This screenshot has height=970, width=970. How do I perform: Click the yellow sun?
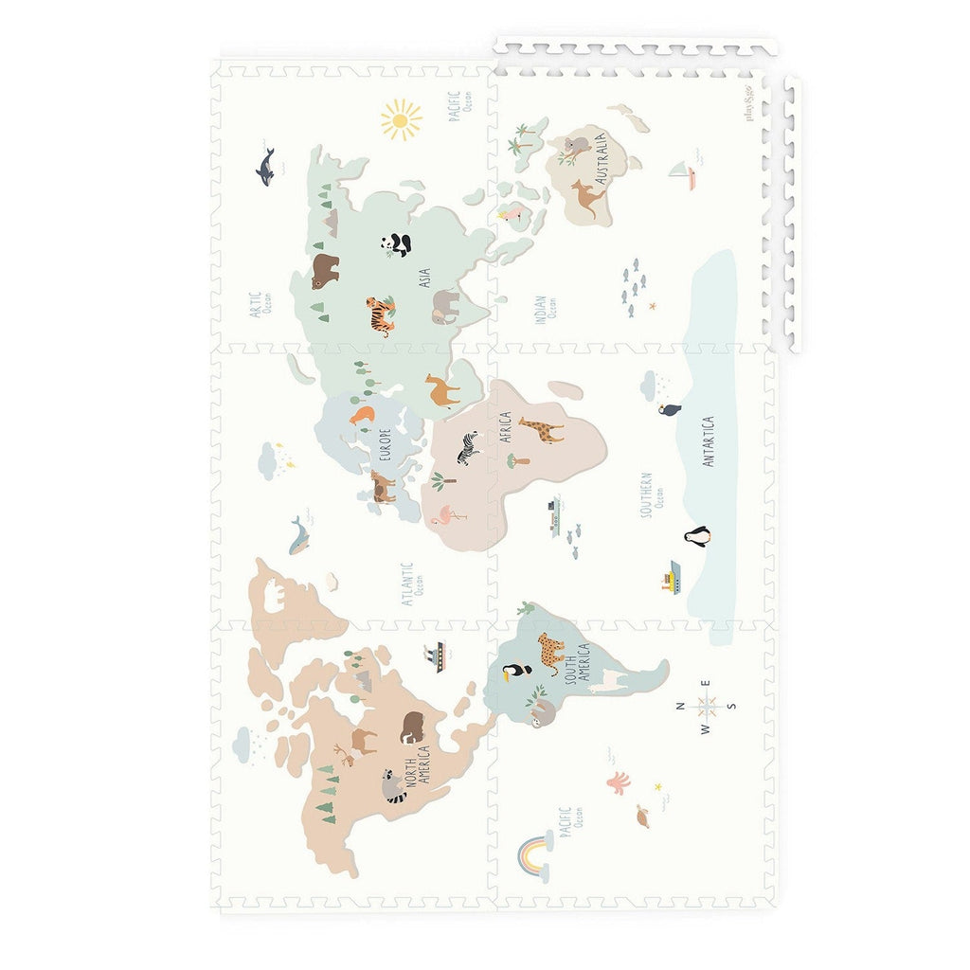402,119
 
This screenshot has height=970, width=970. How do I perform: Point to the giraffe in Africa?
541,430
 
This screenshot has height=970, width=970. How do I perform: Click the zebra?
469,448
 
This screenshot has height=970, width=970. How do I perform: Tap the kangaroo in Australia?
587,198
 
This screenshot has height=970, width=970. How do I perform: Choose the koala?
575,147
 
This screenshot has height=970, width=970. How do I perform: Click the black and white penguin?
697,536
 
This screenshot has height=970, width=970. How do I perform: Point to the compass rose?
706,706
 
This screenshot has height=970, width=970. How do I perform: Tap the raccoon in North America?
393,785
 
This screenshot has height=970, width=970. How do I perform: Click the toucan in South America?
516,673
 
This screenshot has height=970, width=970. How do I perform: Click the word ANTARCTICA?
709,441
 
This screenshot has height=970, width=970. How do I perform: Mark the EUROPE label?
385,445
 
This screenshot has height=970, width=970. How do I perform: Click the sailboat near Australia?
682,173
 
